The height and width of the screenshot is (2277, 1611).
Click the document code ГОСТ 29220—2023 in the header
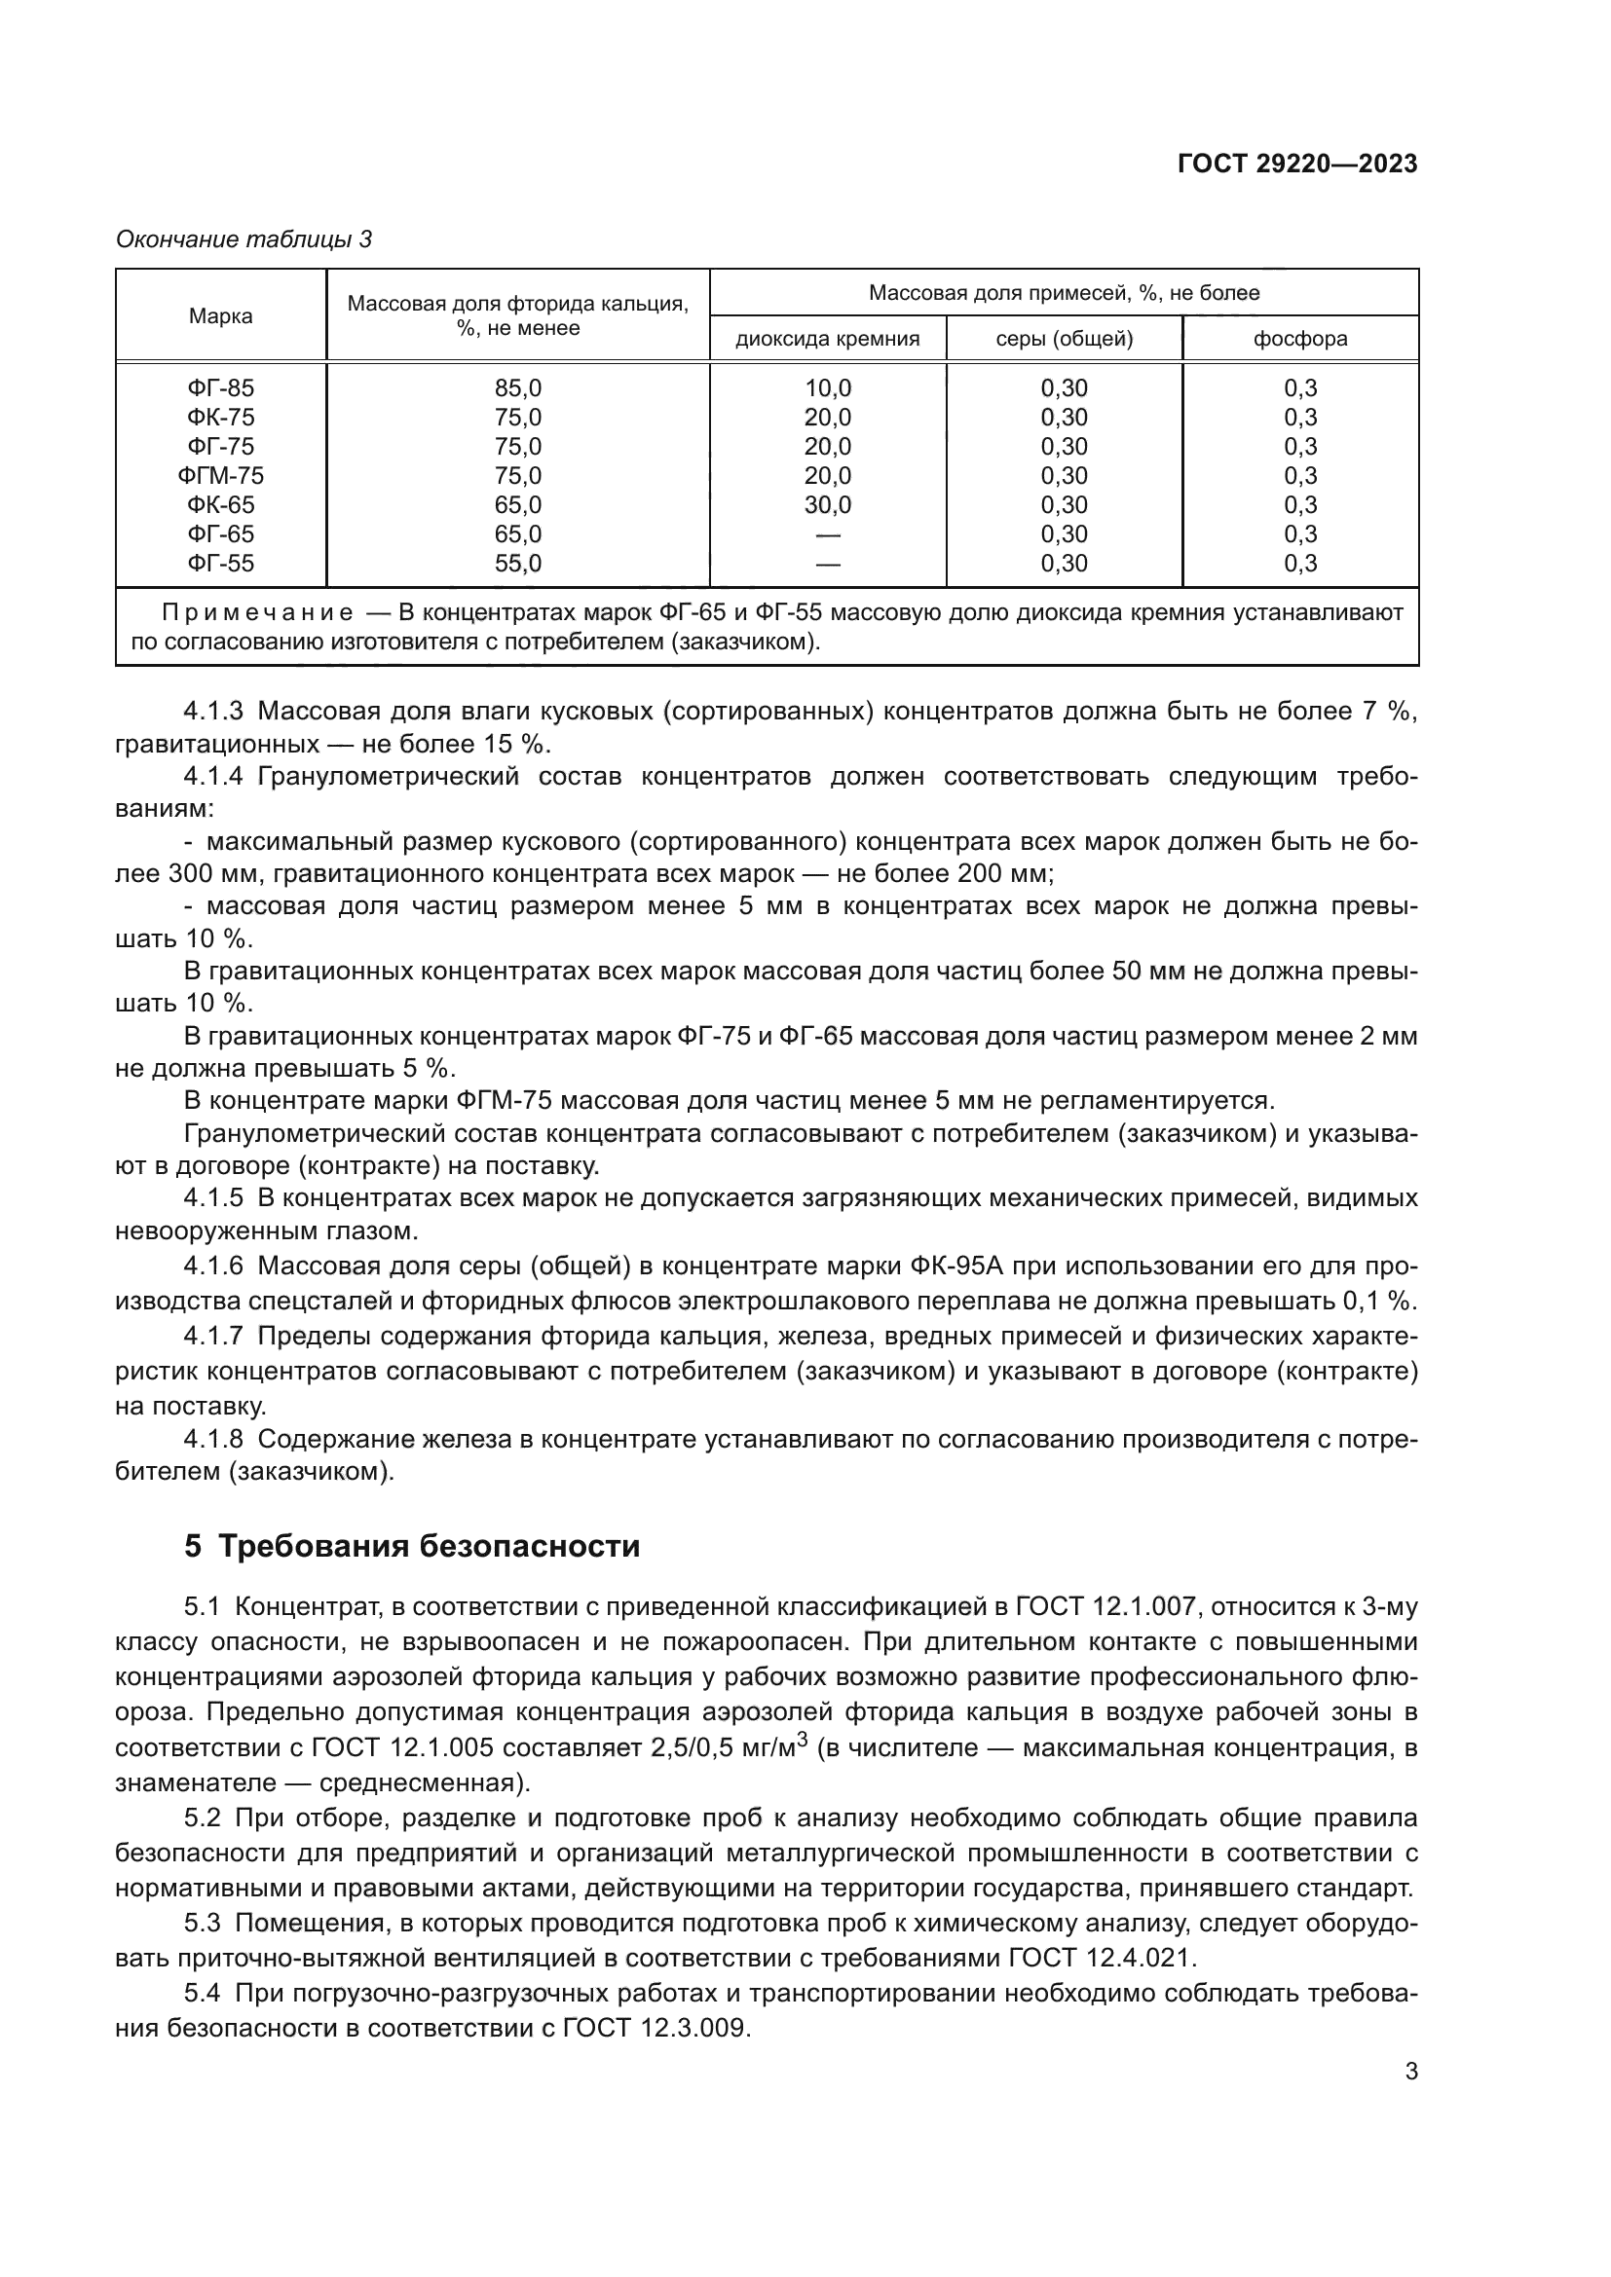pyautogui.click(x=1297, y=165)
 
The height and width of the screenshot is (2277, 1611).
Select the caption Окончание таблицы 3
pyautogui.click(x=244, y=239)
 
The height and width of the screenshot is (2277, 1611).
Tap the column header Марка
pyautogui.click(x=220, y=316)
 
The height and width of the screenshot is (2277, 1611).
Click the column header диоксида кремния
pyautogui.click(x=827, y=339)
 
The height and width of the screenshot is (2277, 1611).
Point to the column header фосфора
pyautogui.click(x=1299, y=339)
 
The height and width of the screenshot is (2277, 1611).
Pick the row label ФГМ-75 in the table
pyautogui.click(x=220, y=476)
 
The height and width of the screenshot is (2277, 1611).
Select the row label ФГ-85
pyautogui.click(x=220, y=388)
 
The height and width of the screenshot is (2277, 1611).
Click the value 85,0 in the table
pyautogui.click(x=518, y=388)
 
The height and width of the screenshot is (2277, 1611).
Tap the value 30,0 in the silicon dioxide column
pyautogui.click(x=827, y=505)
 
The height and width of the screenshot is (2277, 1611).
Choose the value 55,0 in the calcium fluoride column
pyautogui.click(x=518, y=564)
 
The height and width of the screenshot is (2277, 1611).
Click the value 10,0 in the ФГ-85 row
pyautogui.click(x=827, y=388)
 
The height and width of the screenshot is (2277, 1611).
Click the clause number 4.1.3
pyautogui.click(x=213, y=711)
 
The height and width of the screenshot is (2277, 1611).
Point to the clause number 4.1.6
pyautogui.click(x=213, y=1267)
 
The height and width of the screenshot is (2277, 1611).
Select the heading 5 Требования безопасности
pyautogui.click(x=412, y=1546)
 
